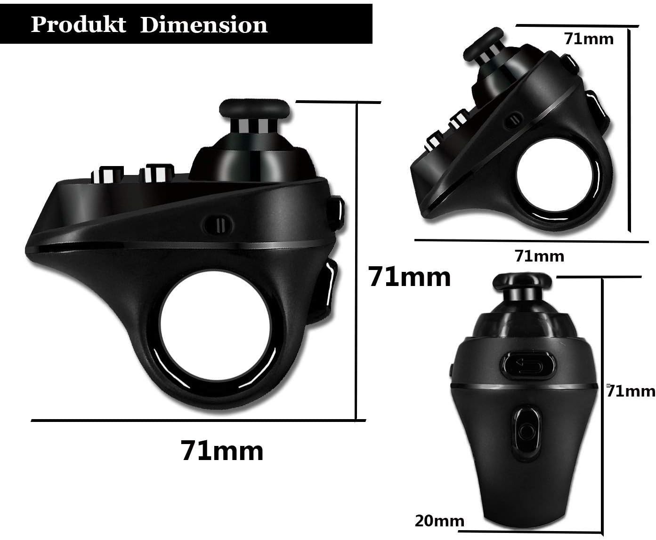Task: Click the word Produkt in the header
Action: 78,24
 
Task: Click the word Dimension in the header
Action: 204,24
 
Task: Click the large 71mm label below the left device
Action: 222,451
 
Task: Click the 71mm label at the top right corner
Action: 589,39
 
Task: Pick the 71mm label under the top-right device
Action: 539,256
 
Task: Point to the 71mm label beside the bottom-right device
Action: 631,390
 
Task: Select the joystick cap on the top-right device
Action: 483,44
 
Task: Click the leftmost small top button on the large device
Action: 107,175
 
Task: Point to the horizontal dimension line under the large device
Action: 198,420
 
